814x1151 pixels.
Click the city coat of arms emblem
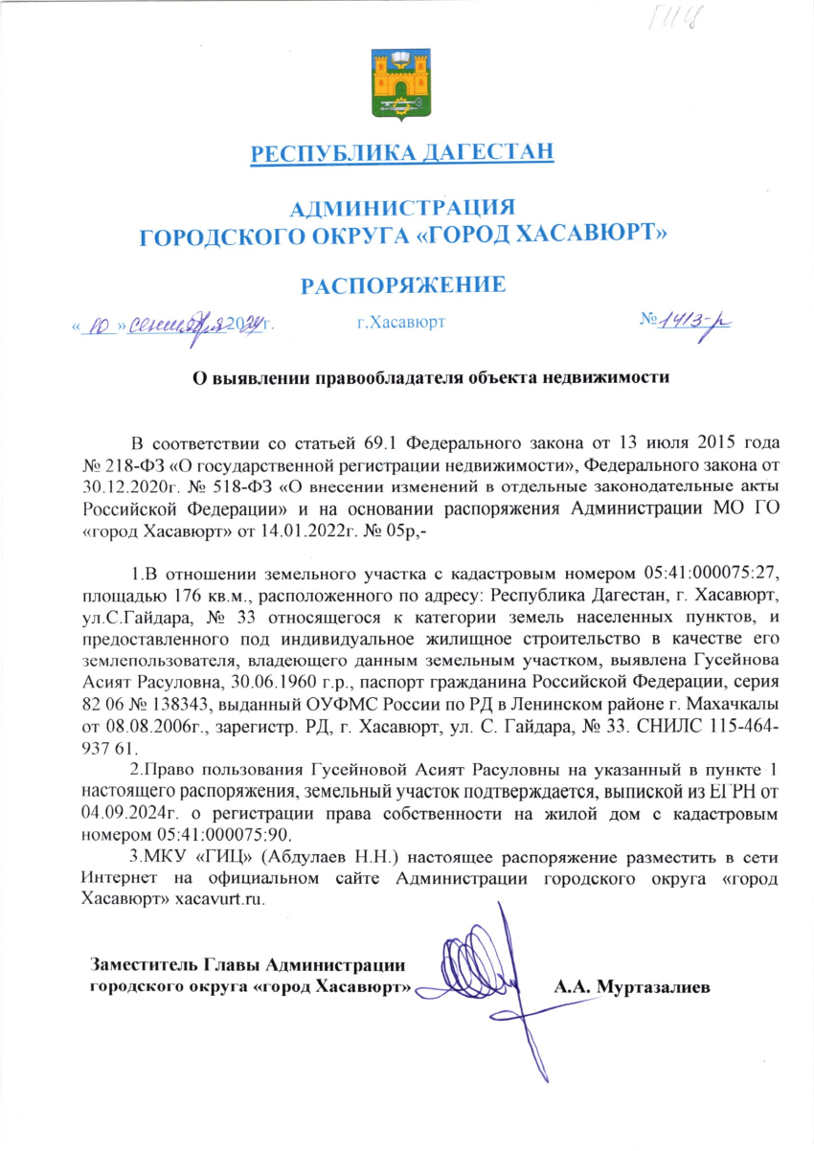tap(401, 85)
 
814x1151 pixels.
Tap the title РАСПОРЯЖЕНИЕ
tap(402, 283)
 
